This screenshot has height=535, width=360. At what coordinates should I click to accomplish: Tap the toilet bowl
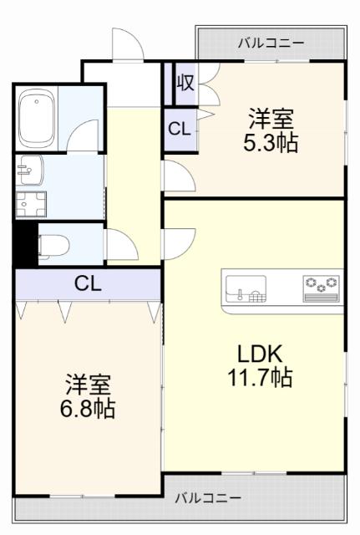click(x=52, y=244)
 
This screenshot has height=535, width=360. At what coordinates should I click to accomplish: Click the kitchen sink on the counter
click(x=244, y=289)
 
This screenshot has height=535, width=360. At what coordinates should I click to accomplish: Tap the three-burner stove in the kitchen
click(x=321, y=287)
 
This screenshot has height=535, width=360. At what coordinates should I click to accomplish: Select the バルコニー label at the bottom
click(x=208, y=498)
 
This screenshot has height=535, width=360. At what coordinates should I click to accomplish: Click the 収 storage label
click(x=185, y=84)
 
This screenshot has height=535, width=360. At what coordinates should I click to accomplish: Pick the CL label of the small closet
click(x=178, y=129)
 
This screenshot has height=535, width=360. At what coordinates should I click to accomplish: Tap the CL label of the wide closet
click(x=88, y=283)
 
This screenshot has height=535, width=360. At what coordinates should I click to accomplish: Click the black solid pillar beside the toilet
click(x=25, y=242)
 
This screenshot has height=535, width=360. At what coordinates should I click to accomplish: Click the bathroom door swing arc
click(x=84, y=135)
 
